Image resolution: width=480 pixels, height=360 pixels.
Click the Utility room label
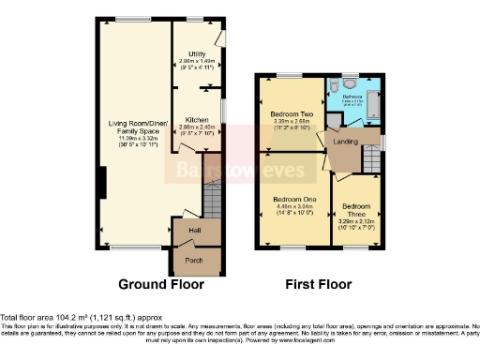pyautogui.click(x=197, y=53)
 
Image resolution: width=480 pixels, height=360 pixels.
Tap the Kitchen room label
pyautogui.click(x=197, y=120)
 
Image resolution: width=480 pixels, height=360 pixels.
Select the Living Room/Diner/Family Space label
pyautogui.click(x=137, y=127)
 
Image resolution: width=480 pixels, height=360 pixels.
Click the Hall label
pyautogui.click(x=195, y=230)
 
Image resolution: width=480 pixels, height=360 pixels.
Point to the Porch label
pyautogui.click(x=194, y=260)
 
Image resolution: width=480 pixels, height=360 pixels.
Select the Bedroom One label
pyautogui.click(x=294, y=200)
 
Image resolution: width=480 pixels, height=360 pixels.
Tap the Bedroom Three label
pyautogui.click(x=356, y=210)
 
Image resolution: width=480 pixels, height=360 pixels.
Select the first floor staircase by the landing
pyautogui.click(x=371, y=164)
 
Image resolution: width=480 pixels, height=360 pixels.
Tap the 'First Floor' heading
pyautogui.click(x=318, y=283)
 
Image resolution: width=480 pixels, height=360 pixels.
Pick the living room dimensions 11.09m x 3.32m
pyautogui.click(x=137, y=141)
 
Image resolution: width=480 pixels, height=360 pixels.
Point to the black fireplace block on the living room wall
pyautogui.click(x=101, y=183)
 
